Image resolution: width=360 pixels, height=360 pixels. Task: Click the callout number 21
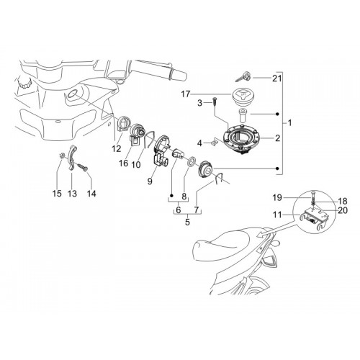[276, 78]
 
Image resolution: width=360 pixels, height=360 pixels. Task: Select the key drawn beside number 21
[243, 76]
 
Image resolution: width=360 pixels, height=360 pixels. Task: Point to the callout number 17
[185, 94]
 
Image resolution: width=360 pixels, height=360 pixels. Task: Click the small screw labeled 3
[214, 103]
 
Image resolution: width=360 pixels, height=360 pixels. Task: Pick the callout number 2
[277, 138]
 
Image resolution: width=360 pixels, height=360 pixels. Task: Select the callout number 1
[289, 123]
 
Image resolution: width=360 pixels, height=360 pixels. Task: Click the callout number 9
[150, 181]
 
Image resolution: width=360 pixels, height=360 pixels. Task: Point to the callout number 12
[117, 149]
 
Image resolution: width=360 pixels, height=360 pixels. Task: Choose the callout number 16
[124, 163]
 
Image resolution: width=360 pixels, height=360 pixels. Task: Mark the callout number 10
[136, 165]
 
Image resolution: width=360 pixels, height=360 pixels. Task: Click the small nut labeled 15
[62, 156]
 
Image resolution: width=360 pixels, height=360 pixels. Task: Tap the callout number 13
[72, 193]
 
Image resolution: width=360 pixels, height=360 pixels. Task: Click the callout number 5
[187, 222]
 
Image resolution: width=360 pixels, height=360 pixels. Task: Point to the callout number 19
[277, 198]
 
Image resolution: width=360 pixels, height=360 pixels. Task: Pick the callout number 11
[277, 215]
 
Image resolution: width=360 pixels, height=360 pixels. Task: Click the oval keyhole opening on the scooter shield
[72, 94]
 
